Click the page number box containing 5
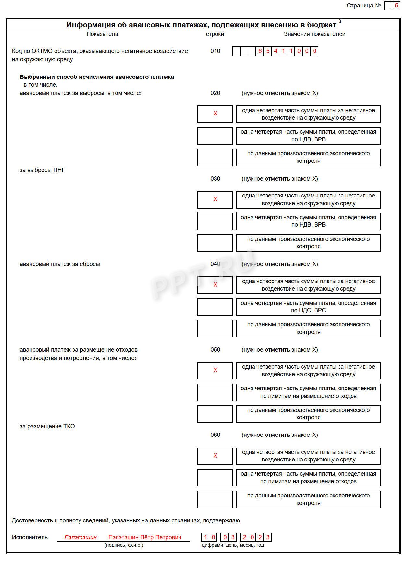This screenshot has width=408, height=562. [x=396, y=6]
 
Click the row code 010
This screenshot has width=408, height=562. [x=215, y=51]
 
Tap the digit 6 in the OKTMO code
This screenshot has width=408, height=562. [x=260, y=51]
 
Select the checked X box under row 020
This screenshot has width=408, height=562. [x=215, y=114]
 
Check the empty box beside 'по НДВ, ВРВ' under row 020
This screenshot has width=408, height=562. [x=215, y=136]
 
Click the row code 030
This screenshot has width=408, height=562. [x=215, y=179]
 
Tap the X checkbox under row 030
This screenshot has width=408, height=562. [x=215, y=199]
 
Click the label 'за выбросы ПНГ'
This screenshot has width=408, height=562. [x=42, y=170]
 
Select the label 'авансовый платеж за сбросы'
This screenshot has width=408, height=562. [x=60, y=264]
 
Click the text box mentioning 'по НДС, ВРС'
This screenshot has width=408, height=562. [x=308, y=307]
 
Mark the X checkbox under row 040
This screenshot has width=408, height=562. [x=215, y=285]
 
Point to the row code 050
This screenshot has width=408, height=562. [x=215, y=350]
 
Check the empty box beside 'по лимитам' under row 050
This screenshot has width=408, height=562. [x=215, y=392]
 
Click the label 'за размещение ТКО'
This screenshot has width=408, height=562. [x=47, y=426]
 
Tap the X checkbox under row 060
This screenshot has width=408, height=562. [x=215, y=456]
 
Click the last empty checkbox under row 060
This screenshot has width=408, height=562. [x=215, y=499]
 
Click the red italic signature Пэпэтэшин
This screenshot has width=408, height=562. [x=80, y=537]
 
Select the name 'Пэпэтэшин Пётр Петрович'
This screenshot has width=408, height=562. [x=145, y=537]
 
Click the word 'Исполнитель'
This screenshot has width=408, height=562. [x=30, y=537]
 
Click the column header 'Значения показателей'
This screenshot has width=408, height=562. [x=315, y=34]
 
